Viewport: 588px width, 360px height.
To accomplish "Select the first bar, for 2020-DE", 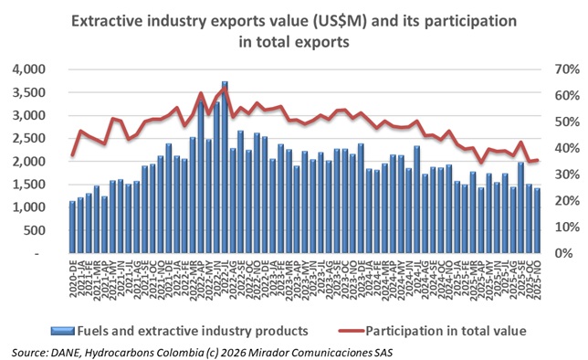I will click(73, 228).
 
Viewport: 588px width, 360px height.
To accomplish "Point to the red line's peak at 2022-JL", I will click(224, 89).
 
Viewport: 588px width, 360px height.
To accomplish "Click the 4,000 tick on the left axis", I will click(40, 69).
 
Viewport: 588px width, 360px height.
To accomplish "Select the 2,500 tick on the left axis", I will click(40, 139).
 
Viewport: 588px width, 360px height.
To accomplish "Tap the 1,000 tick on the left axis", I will click(40, 208).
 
